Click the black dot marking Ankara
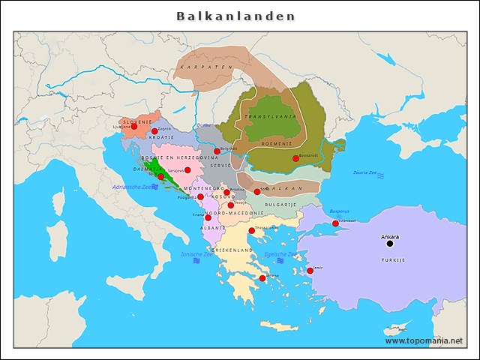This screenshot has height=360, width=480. [389, 243]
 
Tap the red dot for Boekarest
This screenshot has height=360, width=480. [295, 158]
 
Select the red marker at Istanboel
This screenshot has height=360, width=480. [335, 223]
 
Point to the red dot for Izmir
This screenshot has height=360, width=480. [310, 271]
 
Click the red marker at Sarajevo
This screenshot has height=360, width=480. [187, 170]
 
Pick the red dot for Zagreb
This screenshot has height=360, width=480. [154, 131]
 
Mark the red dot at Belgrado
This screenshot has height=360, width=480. [217, 151]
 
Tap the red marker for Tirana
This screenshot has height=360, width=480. [208, 217]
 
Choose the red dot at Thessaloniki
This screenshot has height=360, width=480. [251, 231]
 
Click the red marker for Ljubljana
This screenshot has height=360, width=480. [133, 127]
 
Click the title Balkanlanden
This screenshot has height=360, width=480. [235, 16]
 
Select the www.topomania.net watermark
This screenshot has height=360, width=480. [424, 340]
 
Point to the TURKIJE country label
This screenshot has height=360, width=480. [393, 259]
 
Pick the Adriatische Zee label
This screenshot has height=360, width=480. [130, 186]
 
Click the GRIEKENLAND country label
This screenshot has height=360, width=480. [232, 250]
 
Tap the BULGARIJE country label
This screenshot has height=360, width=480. [280, 204]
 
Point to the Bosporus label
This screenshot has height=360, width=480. [339, 211]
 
